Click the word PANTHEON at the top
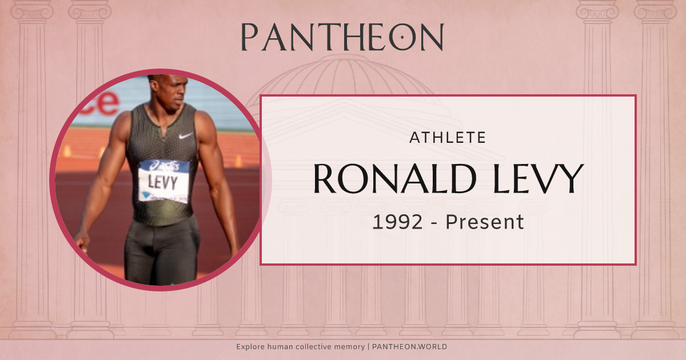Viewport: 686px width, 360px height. (x=342, y=37)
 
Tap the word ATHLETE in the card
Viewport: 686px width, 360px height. (x=448, y=137)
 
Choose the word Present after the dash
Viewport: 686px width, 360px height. (x=485, y=222)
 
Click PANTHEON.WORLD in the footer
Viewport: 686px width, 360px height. (x=410, y=347)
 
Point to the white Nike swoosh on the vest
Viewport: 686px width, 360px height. (x=185, y=136)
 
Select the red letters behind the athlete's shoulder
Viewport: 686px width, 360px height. (x=103, y=103)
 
